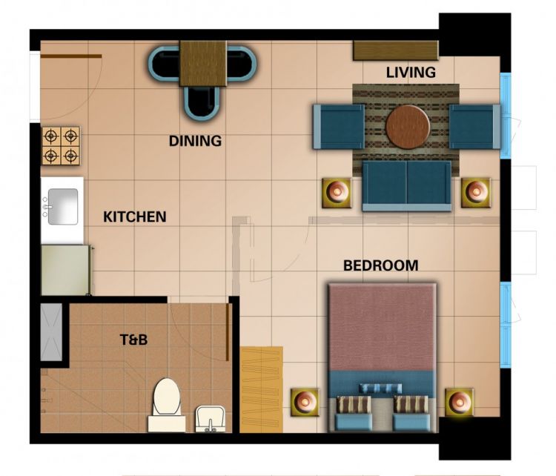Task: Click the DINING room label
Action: (x=195, y=140)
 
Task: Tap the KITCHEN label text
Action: (x=134, y=217)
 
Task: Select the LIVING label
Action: (x=411, y=72)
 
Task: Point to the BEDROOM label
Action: (x=380, y=265)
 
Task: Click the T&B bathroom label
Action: (x=134, y=340)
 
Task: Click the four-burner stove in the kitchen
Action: (x=61, y=145)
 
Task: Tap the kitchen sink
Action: (x=62, y=205)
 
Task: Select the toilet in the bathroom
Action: (x=167, y=404)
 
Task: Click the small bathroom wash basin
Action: (x=210, y=419)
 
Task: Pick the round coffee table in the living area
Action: (x=408, y=126)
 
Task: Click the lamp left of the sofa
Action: (x=337, y=192)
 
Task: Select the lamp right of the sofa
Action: (x=475, y=192)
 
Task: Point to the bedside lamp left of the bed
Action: (x=304, y=403)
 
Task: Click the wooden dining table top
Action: (x=203, y=63)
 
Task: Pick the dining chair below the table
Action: (x=203, y=102)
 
